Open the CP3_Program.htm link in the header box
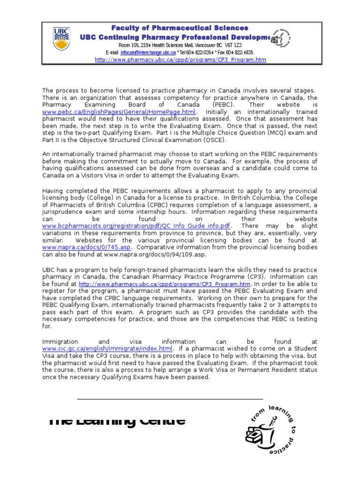[180, 60]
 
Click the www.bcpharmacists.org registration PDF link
[136, 226]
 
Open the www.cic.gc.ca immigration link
[107, 349]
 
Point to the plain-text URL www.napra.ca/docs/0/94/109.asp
[155, 254]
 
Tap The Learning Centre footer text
[117, 420]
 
